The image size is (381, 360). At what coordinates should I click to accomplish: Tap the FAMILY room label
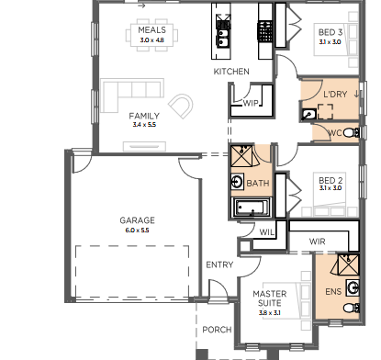(144, 116)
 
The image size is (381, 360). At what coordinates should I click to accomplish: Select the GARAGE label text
(136, 220)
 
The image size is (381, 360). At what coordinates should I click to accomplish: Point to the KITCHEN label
(231, 72)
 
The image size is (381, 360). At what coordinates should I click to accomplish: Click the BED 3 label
(331, 31)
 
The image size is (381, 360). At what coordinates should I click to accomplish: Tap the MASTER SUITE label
(271, 298)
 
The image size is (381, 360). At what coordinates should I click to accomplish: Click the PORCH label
(217, 330)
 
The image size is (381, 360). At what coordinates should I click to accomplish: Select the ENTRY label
(219, 264)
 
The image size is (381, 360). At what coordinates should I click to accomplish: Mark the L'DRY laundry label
(334, 94)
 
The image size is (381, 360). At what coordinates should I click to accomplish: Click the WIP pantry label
(251, 104)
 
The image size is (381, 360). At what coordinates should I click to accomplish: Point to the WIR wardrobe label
(319, 242)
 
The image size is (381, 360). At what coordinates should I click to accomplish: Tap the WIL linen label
(268, 231)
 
